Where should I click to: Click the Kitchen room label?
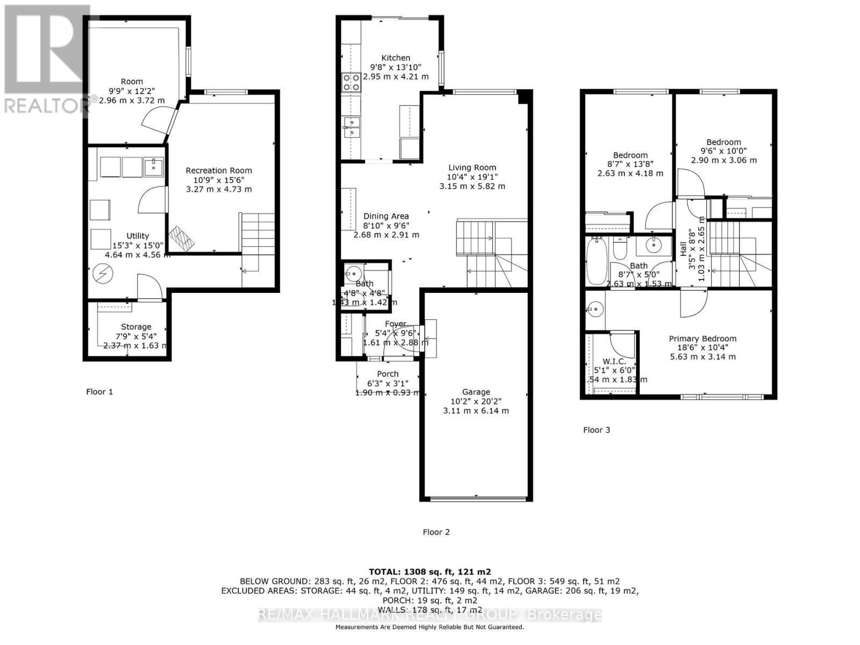(396, 58)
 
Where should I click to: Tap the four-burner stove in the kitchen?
(352, 82)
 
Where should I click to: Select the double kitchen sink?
(352, 127)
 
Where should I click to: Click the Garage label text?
(476, 392)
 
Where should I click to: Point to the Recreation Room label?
(219, 170)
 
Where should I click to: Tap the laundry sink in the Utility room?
(154, 166)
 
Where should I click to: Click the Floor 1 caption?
(99, 392)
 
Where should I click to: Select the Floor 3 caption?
(597, 430)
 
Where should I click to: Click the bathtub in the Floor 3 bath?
(596, 262)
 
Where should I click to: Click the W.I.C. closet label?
(614, 362)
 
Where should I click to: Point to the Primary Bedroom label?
(703, 339)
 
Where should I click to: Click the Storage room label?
(136, 327)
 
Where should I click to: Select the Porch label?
(388, 374)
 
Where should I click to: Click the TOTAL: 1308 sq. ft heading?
(429, 572)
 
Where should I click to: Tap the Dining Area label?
(386, 216)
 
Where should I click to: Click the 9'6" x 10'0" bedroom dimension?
(723, 151)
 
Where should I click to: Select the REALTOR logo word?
(45, 105)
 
